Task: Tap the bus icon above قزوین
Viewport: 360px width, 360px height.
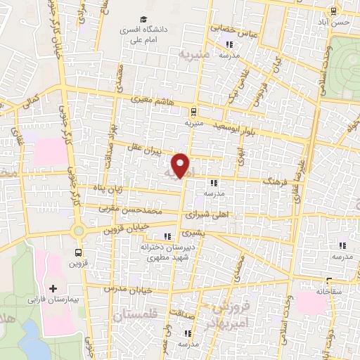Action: coord(77,252)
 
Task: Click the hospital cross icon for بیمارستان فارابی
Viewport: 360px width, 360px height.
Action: coord(53,288)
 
